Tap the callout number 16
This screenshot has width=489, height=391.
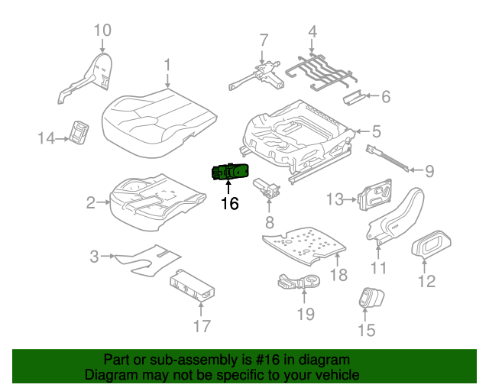(229, 204)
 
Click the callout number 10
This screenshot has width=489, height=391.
(102, 31)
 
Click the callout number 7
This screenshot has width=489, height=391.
(264, 40)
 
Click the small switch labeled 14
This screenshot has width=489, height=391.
(79, 132)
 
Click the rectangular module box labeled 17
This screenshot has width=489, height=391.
(195, 284)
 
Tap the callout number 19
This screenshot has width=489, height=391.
(305, 312)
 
